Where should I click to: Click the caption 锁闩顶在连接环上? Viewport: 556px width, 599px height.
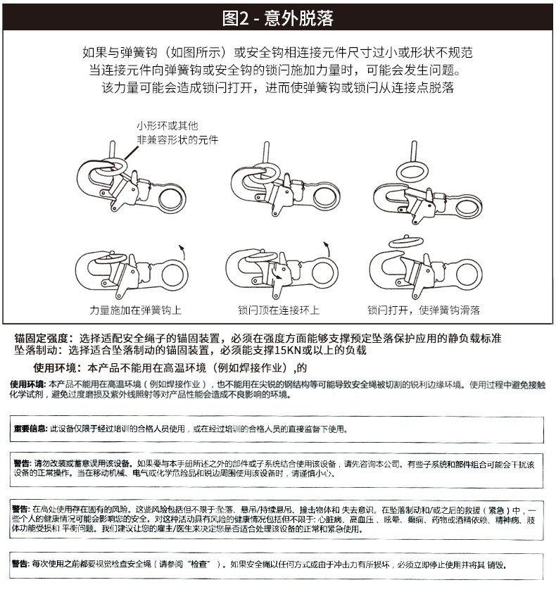(x=279, y=310)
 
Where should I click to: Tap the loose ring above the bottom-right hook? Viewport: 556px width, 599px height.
(x=406, y=241)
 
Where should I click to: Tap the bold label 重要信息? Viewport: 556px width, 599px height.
(x=30, y=428)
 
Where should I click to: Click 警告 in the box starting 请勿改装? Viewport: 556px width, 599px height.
(x=21, y=464)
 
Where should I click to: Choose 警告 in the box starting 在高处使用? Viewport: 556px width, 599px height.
(x=21, y=509)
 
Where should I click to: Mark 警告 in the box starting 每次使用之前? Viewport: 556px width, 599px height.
(x=21, y=564)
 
